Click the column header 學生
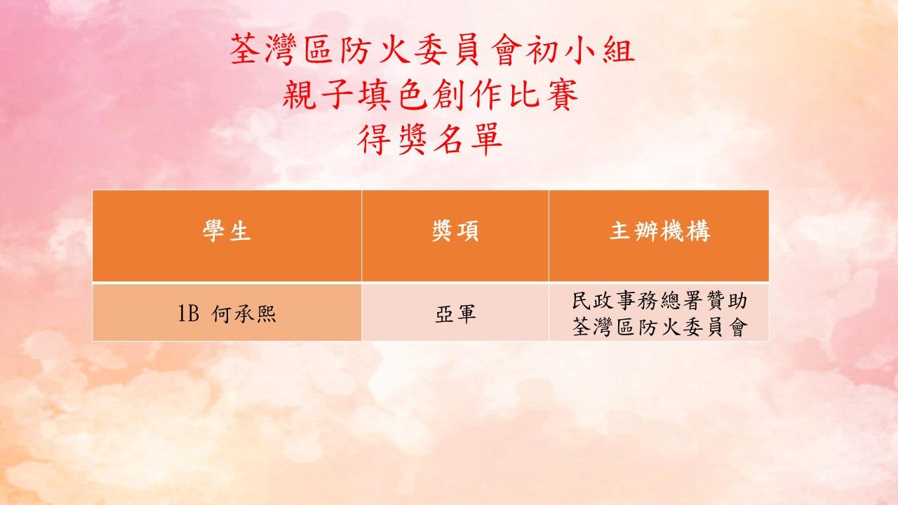227,231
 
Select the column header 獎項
455,231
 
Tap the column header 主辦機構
660,231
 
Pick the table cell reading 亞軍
455,314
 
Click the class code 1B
188,314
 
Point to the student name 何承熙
243,314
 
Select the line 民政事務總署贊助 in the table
659,301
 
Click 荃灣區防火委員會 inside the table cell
659,327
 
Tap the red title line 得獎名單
430,139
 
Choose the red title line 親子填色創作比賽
430,95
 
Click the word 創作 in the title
468,95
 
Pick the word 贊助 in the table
725,301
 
